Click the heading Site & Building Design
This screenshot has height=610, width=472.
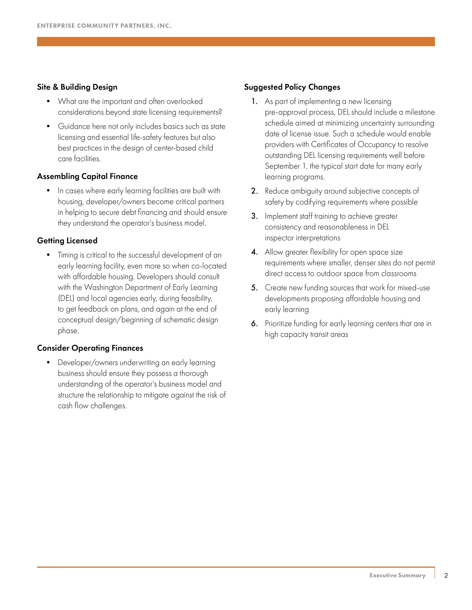point(77,87)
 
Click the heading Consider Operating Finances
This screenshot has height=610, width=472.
point(90,348)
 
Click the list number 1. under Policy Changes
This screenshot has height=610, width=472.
point(254,102)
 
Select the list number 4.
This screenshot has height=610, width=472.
point(254,252)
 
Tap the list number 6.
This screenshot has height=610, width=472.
point(254,324)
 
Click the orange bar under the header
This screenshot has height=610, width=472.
point(236,42)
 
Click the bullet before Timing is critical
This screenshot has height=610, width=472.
point(48,255)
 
